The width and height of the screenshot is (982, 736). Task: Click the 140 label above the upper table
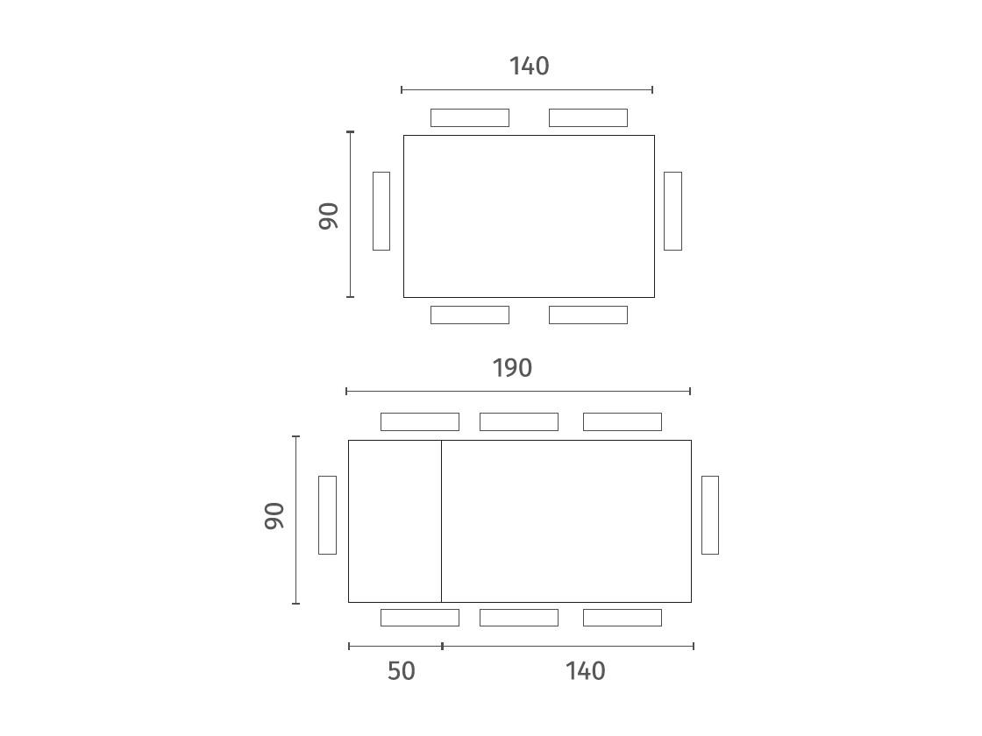pos(530,66)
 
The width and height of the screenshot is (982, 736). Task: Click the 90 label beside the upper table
pos(329,216)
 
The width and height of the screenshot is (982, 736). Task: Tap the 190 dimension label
pos(512,368)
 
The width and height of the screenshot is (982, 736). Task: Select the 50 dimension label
pos(402,671)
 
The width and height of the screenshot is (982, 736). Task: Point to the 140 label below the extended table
pos(586,671)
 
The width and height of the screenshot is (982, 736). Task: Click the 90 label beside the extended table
pos(274,516)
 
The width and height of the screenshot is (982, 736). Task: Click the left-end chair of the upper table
pos(381,211)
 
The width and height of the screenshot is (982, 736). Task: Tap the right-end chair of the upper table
pos(672,211)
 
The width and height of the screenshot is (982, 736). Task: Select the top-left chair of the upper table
pos(470,117)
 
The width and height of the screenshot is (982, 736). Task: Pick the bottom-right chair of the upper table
pos(588,315)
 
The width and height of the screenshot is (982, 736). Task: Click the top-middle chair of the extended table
pos(518,421)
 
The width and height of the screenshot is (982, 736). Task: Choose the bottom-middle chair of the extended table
pos(518,618)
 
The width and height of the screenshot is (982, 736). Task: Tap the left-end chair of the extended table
pos(328,515)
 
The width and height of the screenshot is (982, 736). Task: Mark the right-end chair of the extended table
pos(710,515)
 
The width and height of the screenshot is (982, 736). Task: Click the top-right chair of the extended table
pos(623,421)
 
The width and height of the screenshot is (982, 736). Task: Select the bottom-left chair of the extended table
pos(420,618)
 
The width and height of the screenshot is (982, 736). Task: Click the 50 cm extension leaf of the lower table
pos(395,521)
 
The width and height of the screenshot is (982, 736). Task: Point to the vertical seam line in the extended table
pos(442,521)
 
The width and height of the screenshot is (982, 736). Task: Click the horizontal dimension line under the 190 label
pos(518,391)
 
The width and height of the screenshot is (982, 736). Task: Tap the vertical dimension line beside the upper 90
pos(350,215)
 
